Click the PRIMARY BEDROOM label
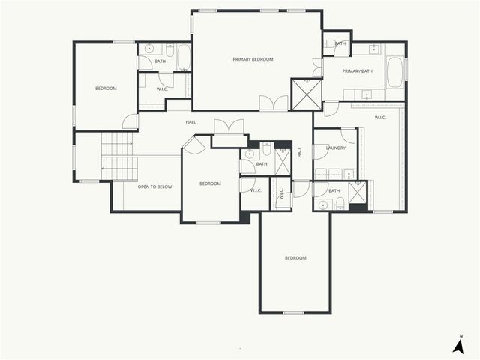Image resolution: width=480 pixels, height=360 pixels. tap(253, 59)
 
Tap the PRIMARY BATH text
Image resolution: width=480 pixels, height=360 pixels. tap(357, 71)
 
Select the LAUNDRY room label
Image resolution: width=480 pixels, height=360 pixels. tap(336, 148)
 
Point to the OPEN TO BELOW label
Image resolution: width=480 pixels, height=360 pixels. tap(154, 187)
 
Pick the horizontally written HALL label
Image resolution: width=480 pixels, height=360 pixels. tap(191, 122)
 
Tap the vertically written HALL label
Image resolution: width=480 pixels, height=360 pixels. tap(299, 151)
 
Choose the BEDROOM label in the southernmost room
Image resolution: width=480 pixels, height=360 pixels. tap(295, 258)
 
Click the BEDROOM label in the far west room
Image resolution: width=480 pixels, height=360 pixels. tap(106, 88)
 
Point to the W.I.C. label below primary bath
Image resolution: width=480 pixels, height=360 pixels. tap(379, 118)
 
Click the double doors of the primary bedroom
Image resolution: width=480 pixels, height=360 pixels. tap(274, 103)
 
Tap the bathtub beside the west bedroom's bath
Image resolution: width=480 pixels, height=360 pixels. tap(184, 57)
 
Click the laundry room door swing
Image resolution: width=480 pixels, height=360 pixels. tap(347, 136)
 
